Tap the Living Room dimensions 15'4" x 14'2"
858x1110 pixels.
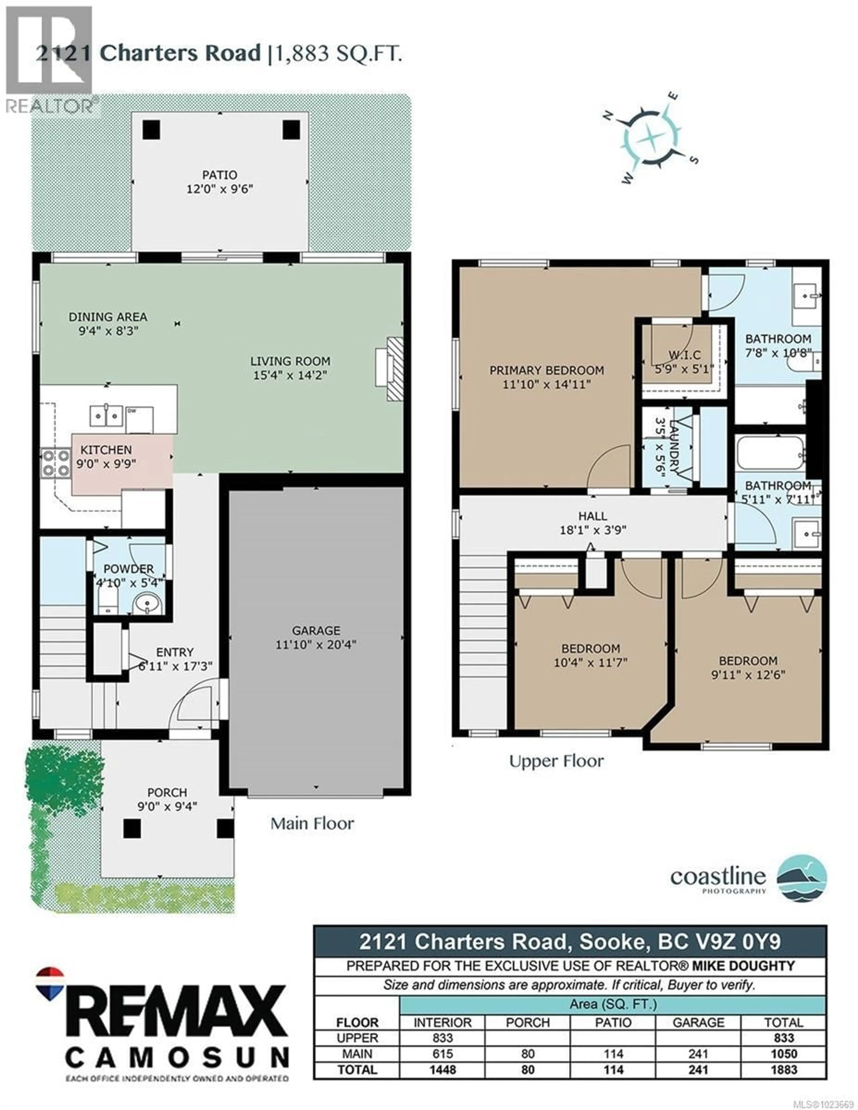click(x=290, y=376)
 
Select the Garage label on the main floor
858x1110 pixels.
click(x=316, y=630)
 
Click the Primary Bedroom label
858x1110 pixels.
click(x=547, y=370)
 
